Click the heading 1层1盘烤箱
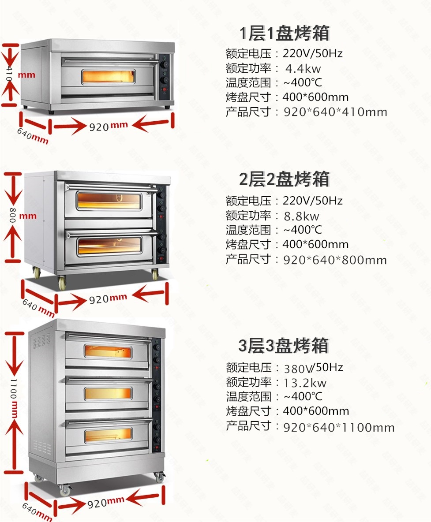(x=285, y=34)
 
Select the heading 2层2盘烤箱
(x=285, y=180)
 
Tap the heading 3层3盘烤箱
(x=284, y=346)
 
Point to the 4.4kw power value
(x=303, y=68)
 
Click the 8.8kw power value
(x=303, y=216)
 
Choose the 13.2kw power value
(x=305, y=382)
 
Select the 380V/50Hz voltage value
(x=313, y=367)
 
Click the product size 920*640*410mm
(x=335, y=112)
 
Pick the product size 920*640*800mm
(x=335, y=260)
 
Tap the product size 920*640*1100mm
(x=339, y=427)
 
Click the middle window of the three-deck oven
(x=108, y=393)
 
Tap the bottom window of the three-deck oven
(x=108, y=434)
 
